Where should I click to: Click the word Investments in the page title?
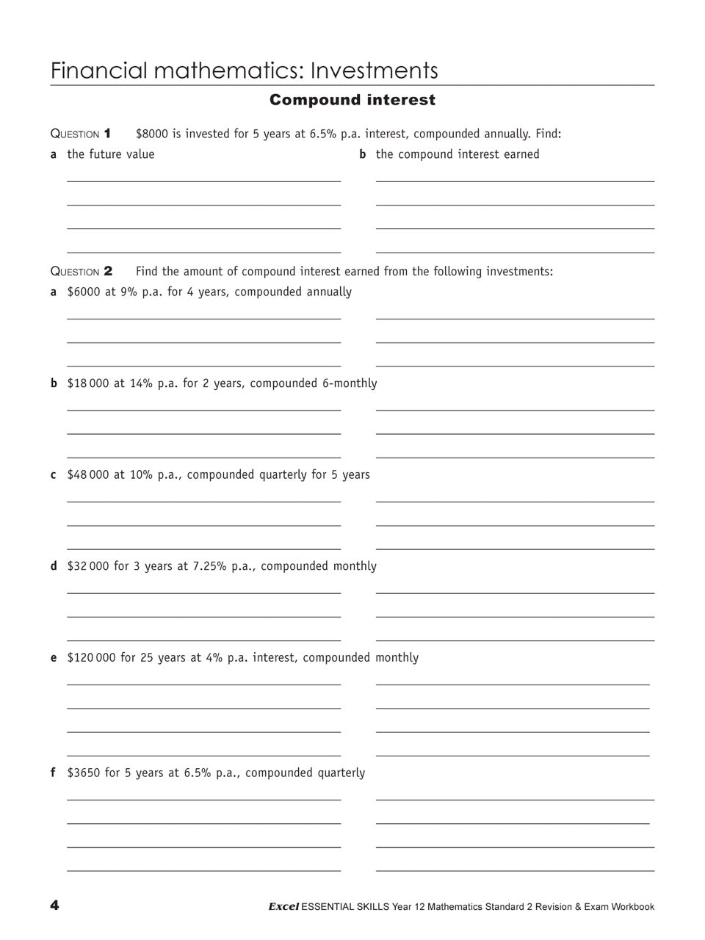click(x=374, y=70)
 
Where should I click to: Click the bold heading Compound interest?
click(x=352, y=100)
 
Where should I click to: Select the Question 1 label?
click(x=81, y=134)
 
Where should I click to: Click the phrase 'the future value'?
click(x=111, y=154)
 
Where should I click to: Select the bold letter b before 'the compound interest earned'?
click(x=363, y=154)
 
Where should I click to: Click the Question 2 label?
click(x=81, y=271)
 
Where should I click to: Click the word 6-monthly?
click(x=350, y=383)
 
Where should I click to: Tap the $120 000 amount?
click(x=91, y=657)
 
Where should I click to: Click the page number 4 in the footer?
click(x=54, y=905)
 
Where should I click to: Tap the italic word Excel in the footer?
click(x=283, y=907)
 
